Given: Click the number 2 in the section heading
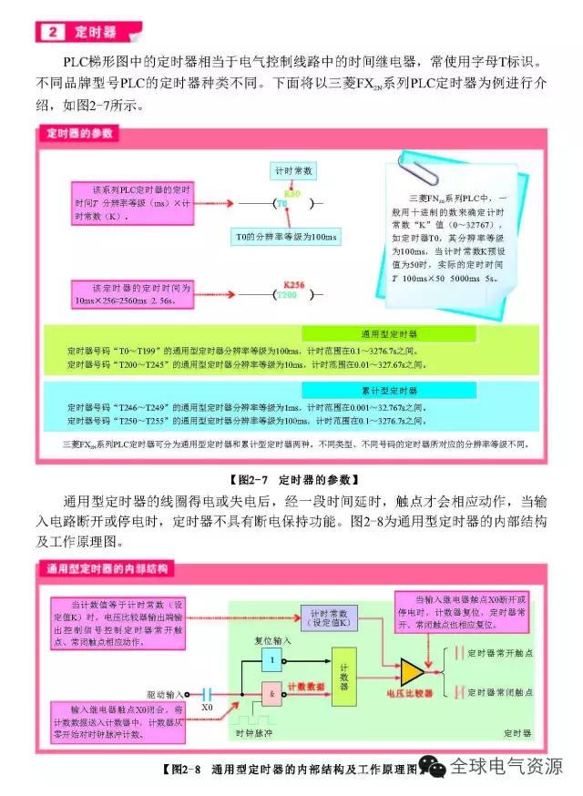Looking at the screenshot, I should click(x=52, y=32).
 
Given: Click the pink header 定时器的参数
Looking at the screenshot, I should click(x=80, y=133).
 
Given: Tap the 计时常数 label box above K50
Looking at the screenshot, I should click(x=292, y=171).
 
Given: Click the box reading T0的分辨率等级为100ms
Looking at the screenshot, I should click(x=282, y=237).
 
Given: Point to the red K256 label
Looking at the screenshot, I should click(x=293, y=283).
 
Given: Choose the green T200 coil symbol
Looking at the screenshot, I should click(x=287, y=295).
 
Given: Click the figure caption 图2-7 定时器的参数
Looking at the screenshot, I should click(x=291, y=478).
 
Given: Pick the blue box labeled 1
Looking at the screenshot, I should click(x=271, y=658).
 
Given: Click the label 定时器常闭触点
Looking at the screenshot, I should click(x=499, y=693).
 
